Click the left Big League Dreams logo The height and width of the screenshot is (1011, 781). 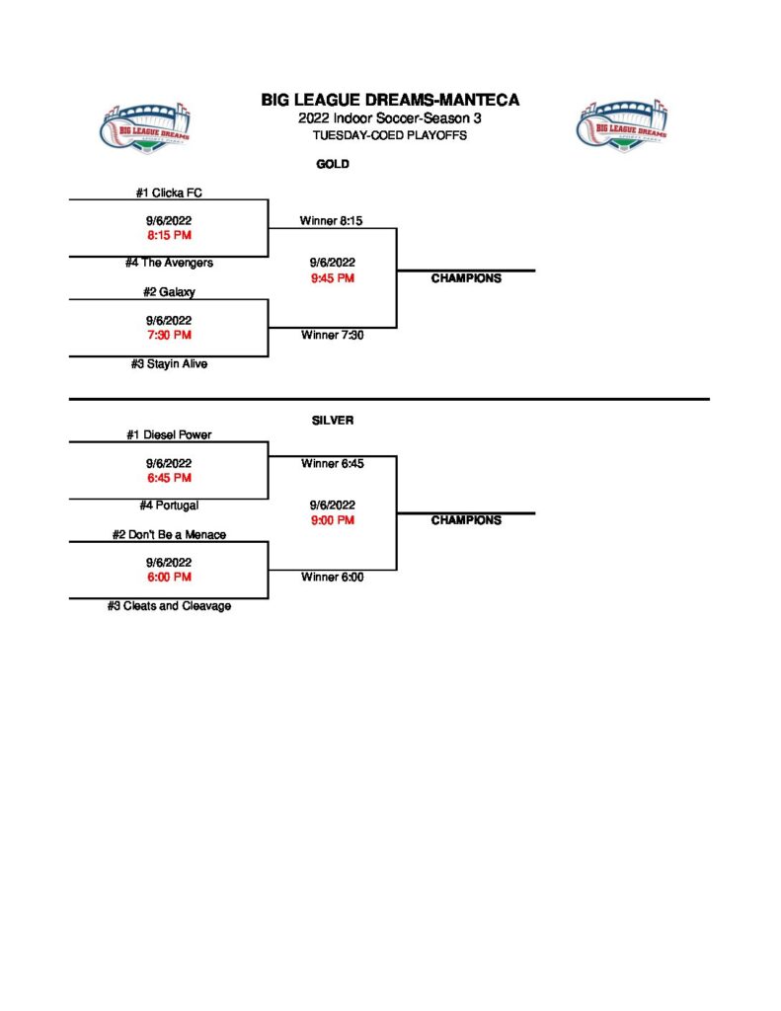point(146,126)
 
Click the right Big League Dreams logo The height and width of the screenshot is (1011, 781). point(621,124)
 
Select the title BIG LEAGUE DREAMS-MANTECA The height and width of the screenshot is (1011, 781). point(390,100)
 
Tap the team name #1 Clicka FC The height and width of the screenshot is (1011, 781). point(169,193)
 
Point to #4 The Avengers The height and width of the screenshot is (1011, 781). point(169,263)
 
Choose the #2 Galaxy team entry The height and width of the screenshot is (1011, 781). point(169,291)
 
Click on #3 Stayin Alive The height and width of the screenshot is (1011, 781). point(169,363)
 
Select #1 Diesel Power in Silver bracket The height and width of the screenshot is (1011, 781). point(169,434)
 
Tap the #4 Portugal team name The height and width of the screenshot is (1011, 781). point(169,505)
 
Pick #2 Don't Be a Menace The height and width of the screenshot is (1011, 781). point(169,534)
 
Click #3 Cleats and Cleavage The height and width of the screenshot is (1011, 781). point(169,605)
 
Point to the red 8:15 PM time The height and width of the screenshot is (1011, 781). point(169,236)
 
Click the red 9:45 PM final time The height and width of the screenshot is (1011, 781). point(331,278)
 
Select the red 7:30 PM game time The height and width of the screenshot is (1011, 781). point(169,335)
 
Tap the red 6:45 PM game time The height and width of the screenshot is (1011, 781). point(169,478)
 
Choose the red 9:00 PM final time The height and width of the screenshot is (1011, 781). point(331,520)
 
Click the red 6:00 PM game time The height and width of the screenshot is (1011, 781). point(169,577)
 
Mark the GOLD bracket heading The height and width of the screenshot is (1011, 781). point(333,164)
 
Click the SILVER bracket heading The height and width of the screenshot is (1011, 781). point(333,421)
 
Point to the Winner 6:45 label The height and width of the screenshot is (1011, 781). point(332,463)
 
